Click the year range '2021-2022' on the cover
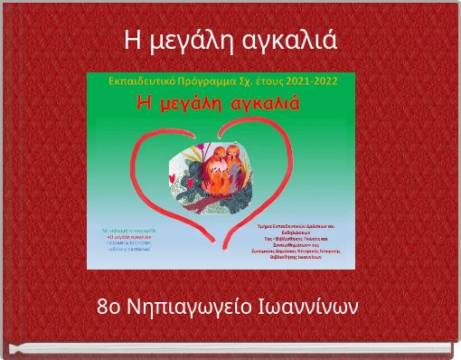pyautogui.click(x=306, y=81)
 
